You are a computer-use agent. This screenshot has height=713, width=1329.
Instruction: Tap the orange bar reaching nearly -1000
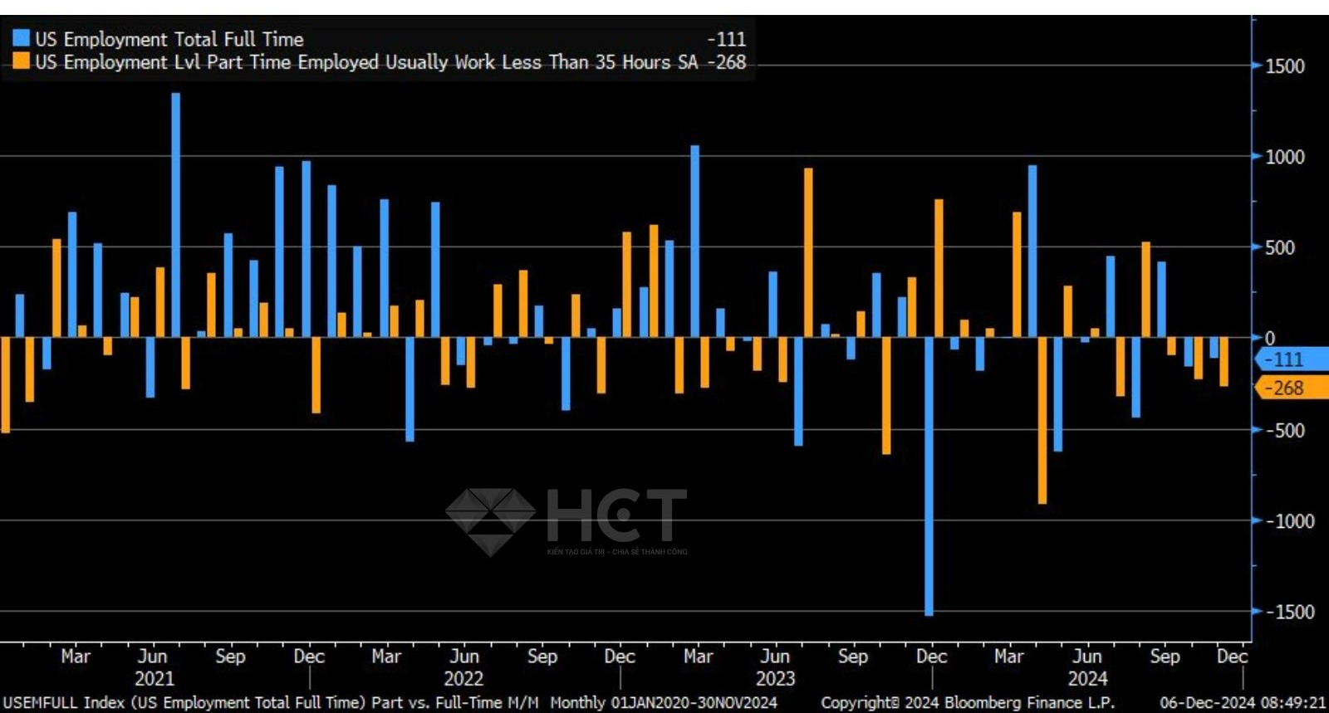click(1042, 420)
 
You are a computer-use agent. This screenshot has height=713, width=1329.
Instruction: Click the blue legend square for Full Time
click(21, 38)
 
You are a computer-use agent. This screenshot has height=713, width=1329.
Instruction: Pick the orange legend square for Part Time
click(21, 61)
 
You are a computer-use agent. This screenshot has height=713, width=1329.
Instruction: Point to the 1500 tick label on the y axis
click(1284, 66)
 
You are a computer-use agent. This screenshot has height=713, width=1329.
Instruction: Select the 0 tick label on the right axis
click(1269, 338)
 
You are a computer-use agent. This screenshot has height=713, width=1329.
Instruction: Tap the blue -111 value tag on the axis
click(1287, 359)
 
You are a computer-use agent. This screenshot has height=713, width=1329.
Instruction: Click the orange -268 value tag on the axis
click(1287, 388)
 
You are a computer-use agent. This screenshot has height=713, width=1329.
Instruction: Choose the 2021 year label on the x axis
click(154, 678)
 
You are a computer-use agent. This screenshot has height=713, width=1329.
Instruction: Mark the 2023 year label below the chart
click(775, 678)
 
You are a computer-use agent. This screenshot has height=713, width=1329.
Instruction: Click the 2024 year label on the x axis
click(1087, 678)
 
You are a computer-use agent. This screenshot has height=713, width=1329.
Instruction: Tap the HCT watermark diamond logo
click(490, 520)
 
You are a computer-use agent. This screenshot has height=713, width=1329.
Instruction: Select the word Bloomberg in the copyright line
click(978, 702)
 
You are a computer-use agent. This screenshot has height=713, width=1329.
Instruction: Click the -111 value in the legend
click(727, 39)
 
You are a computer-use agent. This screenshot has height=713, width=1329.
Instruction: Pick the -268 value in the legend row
click(727, 62)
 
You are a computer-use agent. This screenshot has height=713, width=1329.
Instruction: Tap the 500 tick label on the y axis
click(1279, 247)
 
